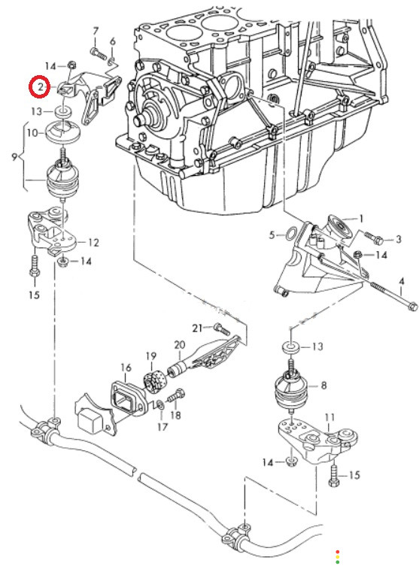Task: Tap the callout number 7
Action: point(96,32)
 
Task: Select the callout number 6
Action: point(113,41)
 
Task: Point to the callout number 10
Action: point(32,133)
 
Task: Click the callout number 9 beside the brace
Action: point(14,157)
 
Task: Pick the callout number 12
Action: point(93,242)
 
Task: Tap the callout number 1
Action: point(361,219)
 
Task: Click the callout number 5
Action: point(272,235)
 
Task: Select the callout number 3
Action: point(399,239)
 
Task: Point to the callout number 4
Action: point(401,281)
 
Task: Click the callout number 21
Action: point(197,328)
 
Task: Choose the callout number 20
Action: point(180,345)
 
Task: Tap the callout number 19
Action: point(151,356)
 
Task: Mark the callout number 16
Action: point(126,368)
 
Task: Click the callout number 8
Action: point(323,386)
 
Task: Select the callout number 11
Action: point(329,418)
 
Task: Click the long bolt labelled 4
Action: point(394,296)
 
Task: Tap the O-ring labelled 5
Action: point(291,234)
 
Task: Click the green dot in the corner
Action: point(338,562)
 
